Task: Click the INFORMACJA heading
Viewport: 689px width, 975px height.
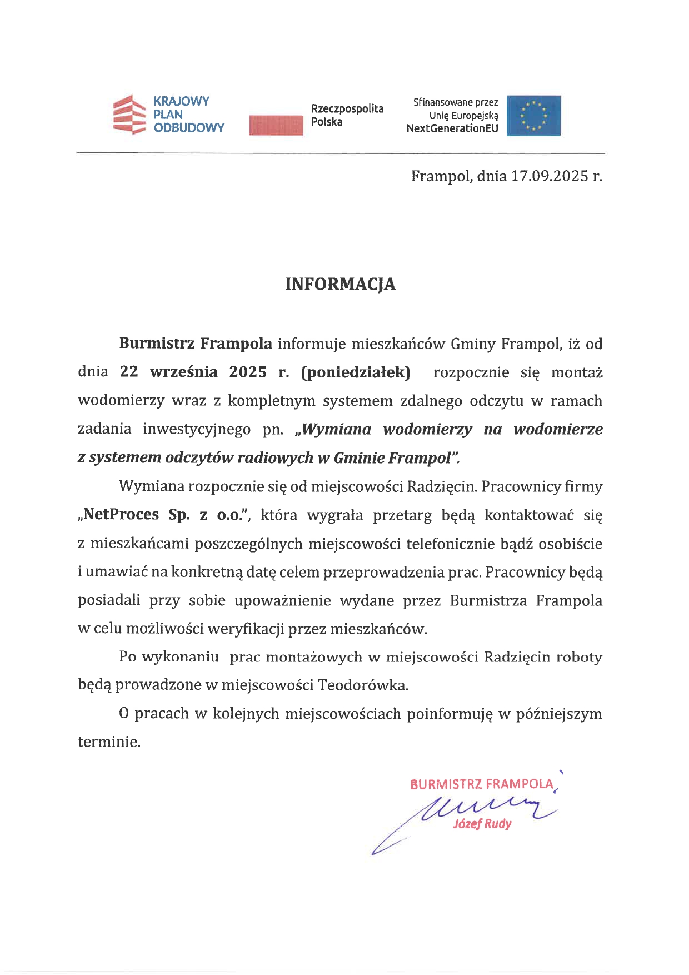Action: (340, 284)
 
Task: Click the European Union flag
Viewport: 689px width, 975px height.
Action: (533, 116)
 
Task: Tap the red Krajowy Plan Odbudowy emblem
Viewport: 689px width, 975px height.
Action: (129, 115)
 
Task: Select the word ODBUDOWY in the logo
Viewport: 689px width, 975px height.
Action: (189, 128)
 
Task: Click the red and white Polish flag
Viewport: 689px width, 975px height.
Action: (276, 125)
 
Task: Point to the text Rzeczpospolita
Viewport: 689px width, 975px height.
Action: (347, 108)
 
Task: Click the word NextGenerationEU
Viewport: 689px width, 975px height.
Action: (452, 128)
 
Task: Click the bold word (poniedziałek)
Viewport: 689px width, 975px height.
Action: (356, 372)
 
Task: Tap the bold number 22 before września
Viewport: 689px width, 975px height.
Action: (129, 372)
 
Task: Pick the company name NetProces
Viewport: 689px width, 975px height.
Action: (121, 514)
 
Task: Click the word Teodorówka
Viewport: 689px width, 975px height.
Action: (362, 685)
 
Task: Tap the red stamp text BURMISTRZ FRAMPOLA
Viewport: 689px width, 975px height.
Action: (482, 784)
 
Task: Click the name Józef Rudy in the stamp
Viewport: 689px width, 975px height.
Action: (482, 824)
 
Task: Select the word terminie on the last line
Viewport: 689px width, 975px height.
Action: (108, 742)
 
